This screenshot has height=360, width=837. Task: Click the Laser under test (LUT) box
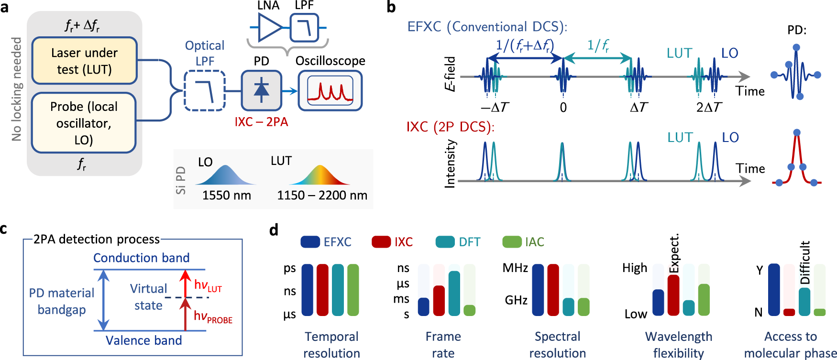pos(84,61)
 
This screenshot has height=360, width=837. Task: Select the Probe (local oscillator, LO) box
pos(84,123)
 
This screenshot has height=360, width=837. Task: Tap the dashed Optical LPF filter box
pos(205,91)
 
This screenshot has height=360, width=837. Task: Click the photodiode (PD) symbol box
pos(261,90)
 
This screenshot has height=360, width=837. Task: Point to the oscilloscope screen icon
pos(330,90)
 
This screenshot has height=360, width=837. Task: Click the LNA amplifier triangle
pos(269,27)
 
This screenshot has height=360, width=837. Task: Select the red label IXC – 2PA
pos(261,122)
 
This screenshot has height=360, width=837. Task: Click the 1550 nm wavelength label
pos(226,195)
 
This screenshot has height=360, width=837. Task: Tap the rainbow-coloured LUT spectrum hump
pos(319,175)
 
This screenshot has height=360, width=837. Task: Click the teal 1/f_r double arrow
pos(597,58)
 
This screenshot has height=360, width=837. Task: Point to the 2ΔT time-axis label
pos(709,108)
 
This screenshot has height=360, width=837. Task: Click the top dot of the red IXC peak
pos(796,132)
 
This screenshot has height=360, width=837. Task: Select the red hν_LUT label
pos(208,285)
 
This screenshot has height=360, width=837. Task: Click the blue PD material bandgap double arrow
pos(103,300)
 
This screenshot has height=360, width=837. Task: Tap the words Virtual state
pos(148,297)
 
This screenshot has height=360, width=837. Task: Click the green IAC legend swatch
pos(511,242)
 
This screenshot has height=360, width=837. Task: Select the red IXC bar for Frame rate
pos(439,301)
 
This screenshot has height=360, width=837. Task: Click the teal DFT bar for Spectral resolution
pos(568,307)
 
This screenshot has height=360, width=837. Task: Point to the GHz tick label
pos(516,300)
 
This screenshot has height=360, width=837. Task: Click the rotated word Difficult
pos(805,262)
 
